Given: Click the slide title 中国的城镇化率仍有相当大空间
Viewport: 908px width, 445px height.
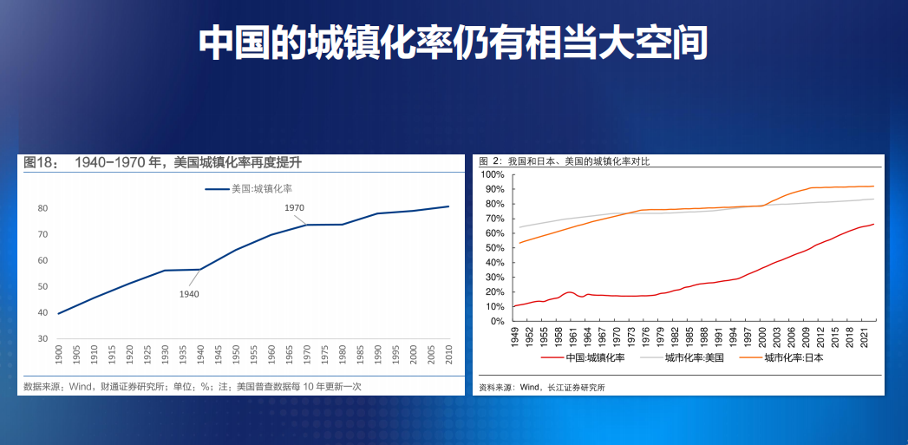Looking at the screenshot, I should click(454, 43).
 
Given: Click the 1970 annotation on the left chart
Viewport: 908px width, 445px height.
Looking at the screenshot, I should click(295, 208).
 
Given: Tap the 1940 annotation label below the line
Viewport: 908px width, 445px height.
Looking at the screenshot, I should click(189, 294).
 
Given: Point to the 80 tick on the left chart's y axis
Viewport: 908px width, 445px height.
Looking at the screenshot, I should click(42, 208).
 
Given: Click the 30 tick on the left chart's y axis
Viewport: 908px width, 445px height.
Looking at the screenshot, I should click(42, 338).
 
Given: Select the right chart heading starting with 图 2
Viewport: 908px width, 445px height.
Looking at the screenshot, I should click(564, 162).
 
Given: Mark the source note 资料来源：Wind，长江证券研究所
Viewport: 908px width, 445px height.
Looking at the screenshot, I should click(542, 388).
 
